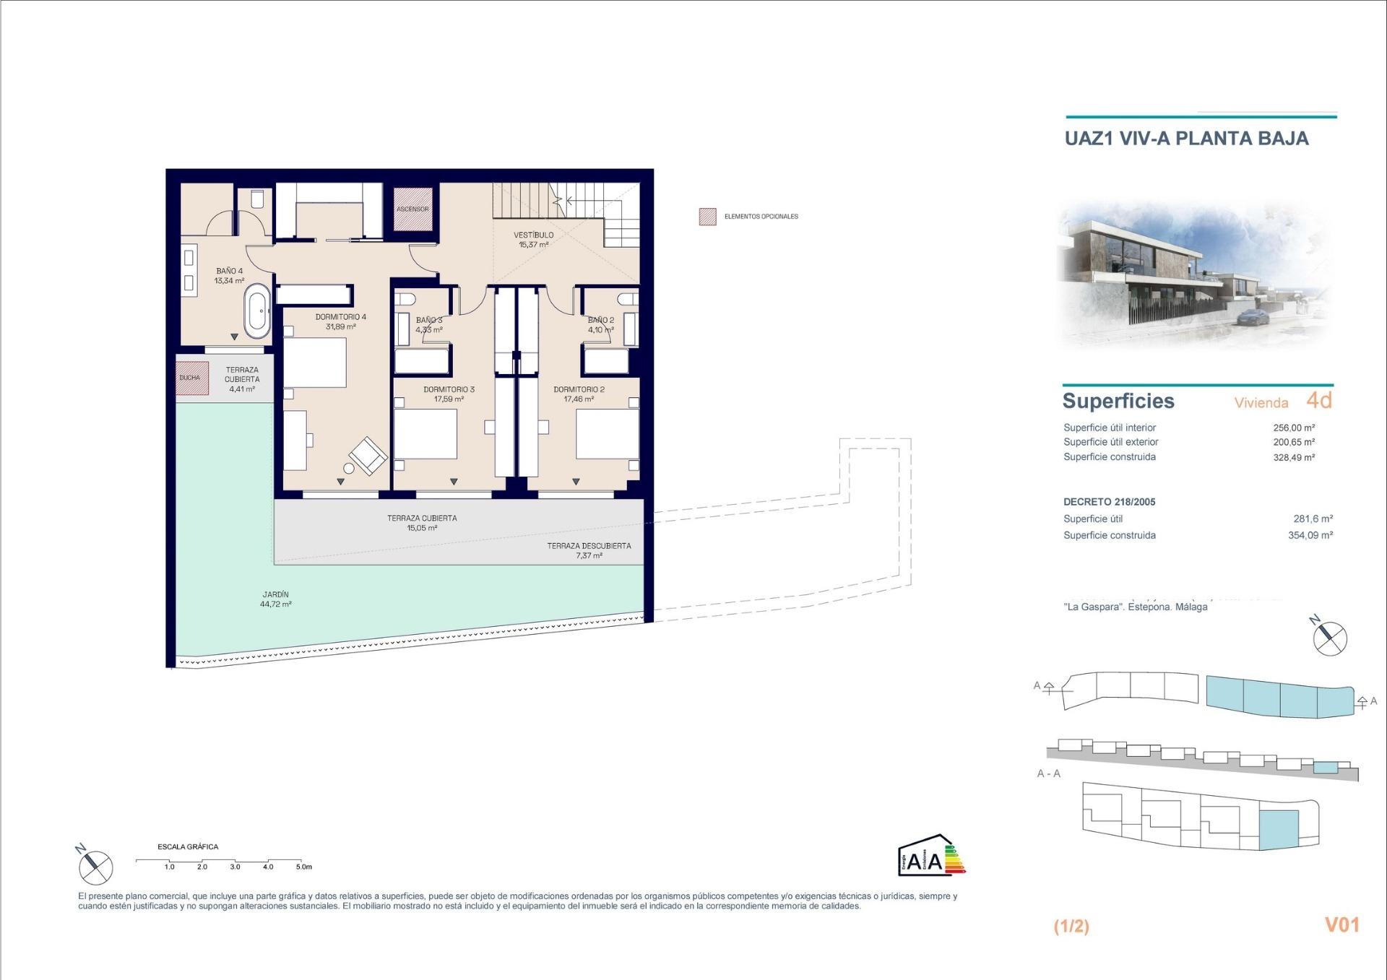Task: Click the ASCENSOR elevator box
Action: point(412,209)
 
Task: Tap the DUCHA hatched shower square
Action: point(191,378)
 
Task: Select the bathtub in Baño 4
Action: point(257,311)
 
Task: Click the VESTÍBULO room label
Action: point(533,235)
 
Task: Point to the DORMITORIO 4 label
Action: point(340,317)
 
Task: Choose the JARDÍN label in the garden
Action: point(275,595)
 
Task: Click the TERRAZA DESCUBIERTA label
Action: point(589,546)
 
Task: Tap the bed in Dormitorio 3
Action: point(425,433)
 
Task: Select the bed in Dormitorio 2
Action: point(607,433)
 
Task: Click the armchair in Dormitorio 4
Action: point(368,455)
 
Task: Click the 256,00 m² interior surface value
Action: point(1293,428)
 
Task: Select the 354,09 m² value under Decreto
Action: point(1310,535)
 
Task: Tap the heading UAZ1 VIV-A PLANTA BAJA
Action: point(1186,139)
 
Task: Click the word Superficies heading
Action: point(1118,402)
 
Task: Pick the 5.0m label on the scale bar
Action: point(303,867)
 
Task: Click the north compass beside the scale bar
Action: point(95,867)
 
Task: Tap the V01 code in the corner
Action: point(1341,925)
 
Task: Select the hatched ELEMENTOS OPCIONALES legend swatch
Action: point(707,217)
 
